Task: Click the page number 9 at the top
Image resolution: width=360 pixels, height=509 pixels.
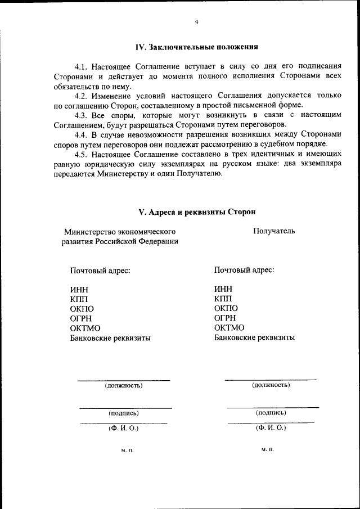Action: coord(196,22)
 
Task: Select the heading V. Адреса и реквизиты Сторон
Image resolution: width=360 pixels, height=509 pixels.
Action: coord(197,212)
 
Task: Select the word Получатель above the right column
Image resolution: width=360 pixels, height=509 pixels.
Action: coord(273,231)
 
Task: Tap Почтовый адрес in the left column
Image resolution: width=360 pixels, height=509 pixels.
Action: coord(100,271)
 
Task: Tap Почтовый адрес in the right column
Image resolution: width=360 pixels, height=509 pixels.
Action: coord(244,270)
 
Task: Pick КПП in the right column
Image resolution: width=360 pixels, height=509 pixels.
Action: coord(223,299)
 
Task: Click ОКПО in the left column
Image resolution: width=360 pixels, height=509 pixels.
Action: coord(82,309)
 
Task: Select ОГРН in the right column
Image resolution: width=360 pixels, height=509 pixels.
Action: coord(225,318)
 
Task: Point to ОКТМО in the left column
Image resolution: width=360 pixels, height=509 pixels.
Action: coord(85,328)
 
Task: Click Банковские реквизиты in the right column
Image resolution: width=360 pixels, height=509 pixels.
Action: coord(254,337)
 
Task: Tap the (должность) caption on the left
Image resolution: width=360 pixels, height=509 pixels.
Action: coord(124,386)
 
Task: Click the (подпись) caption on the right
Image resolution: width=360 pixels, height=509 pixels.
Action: coord(271,412)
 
